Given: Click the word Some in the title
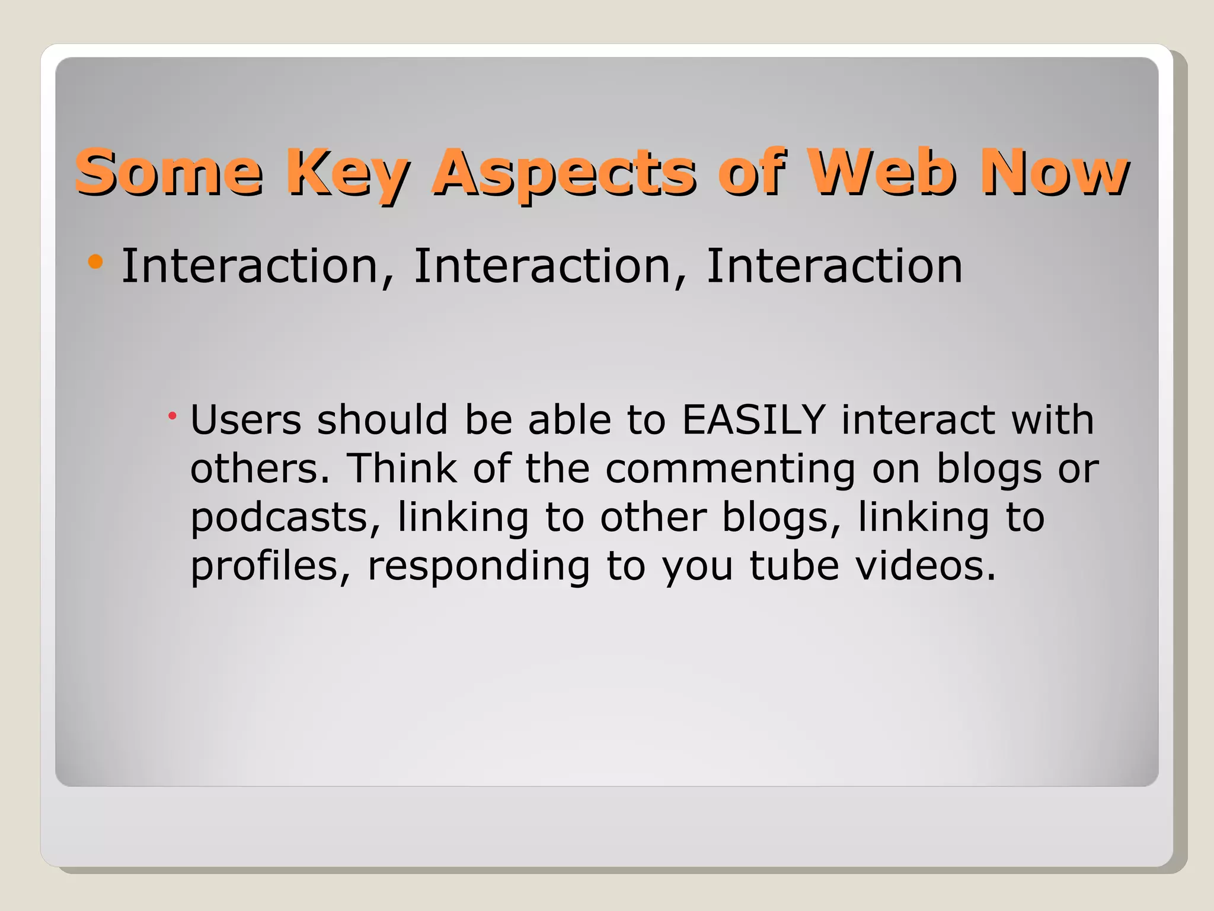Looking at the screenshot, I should point(168,172).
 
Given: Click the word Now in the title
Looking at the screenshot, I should point(1054,172).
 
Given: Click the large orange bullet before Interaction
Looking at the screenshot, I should point(95,262).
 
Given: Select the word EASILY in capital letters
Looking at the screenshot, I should point(753,420).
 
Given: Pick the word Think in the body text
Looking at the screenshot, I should point(401,469).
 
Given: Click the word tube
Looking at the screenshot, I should point(794,566).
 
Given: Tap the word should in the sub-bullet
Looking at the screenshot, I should point(382,420).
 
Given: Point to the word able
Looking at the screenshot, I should point(569,420).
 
